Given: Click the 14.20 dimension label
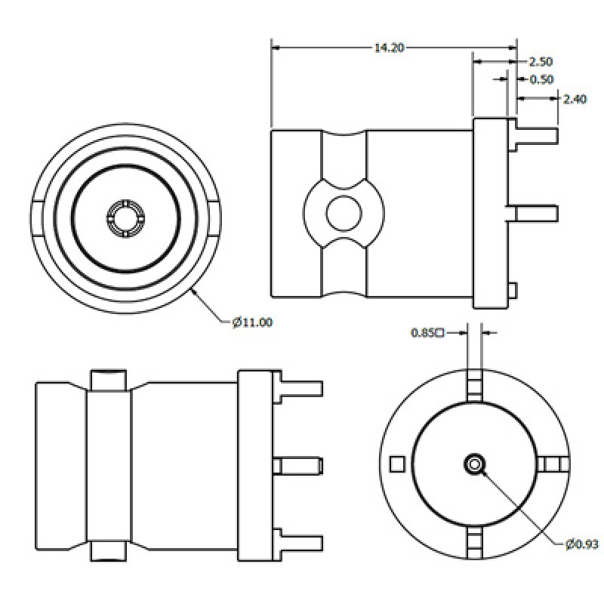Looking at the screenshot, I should pos(389,48).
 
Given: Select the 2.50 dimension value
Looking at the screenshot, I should pos(541,61).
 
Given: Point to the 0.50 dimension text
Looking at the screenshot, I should pos(541,79).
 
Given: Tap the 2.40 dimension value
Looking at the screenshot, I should pos(575,98).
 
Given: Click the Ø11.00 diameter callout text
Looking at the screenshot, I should pos(252,322).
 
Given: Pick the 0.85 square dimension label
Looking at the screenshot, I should pos(427,331).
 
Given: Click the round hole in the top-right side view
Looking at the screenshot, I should pos(344,213).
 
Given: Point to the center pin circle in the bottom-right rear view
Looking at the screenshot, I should pos(475,464).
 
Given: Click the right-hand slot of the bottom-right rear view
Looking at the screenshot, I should pos(553,464).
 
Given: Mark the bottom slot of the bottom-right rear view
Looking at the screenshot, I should pos(475,541).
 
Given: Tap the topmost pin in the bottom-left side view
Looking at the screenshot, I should pos(300,388).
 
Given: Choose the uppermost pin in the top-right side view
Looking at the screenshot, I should pos(535,137).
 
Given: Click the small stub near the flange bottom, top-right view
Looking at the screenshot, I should pos(513,290).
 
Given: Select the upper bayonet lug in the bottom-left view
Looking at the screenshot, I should pos(107,381).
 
